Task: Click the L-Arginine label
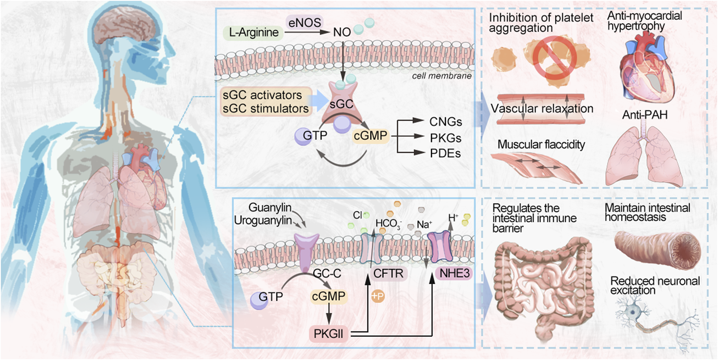pos(254,32)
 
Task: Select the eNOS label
pos(304,22)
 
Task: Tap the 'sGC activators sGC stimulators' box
pos(266,102)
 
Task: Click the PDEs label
pos(445,153)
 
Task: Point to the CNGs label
pos(445,122)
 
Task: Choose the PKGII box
pos(328,334)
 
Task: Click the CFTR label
pos(388,274)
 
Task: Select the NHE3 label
pos(454,273)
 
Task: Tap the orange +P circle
pos(377,297)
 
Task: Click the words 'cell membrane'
pos(441,76)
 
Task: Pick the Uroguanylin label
pos(263,221)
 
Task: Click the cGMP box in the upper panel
pos(370,136)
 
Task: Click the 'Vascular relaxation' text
pos(542,109)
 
